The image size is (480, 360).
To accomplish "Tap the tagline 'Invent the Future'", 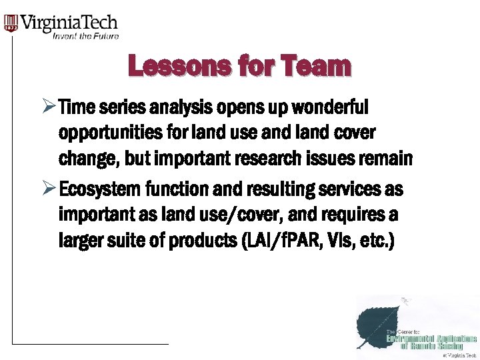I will click(85, 36).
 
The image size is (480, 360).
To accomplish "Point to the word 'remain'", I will click(390, 160).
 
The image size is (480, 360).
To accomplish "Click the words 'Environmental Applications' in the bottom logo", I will click(433, 339).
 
